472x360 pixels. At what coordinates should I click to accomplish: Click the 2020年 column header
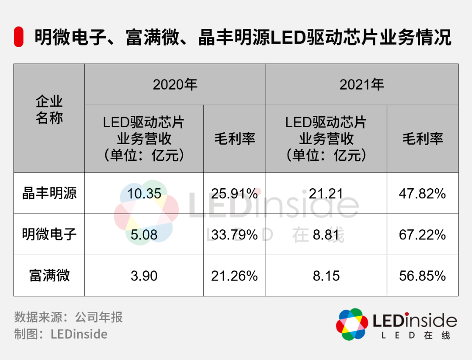175,84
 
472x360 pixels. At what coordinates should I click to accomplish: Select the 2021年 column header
362,84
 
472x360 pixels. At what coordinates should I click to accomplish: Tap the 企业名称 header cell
49,110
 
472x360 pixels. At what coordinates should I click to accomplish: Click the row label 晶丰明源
49,194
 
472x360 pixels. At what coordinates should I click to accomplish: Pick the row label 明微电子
49,235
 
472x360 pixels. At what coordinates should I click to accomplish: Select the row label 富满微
49,276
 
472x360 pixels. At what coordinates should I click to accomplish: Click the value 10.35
144,194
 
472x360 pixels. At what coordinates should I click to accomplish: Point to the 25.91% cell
234,194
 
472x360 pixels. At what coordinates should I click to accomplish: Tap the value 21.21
326,194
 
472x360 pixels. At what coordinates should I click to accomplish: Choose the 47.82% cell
422,194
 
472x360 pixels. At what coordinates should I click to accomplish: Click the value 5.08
144,235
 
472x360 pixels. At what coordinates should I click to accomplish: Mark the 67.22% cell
422,235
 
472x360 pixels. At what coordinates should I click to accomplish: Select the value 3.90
144,276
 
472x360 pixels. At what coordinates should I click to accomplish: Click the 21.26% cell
234,276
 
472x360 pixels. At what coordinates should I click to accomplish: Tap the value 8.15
326,276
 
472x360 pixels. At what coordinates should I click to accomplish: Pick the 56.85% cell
422,276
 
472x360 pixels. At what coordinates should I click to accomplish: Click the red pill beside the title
18,37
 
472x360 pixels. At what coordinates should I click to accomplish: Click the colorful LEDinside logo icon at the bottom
352,324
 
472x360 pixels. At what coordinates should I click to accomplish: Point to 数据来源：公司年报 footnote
68,317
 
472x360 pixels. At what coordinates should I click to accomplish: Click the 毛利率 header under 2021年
422,139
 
